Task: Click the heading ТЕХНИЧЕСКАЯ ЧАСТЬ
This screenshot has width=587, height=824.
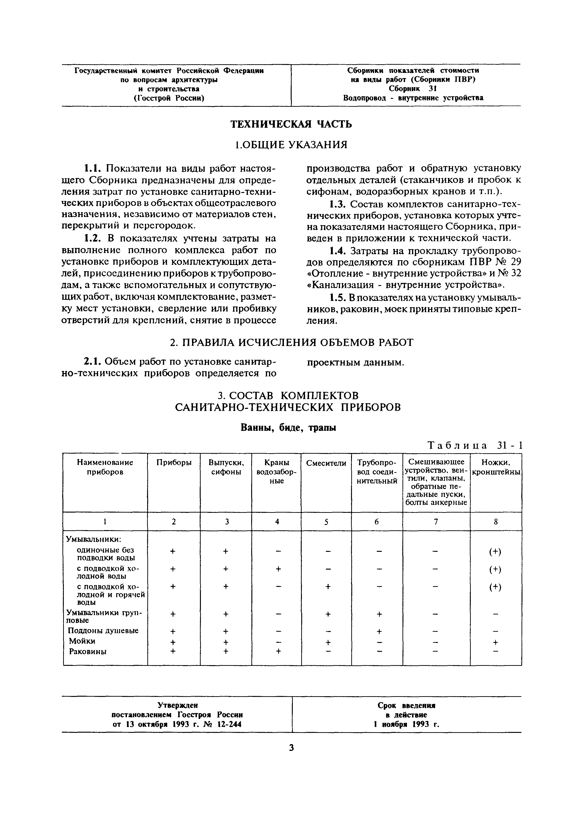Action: [x=291, y=124]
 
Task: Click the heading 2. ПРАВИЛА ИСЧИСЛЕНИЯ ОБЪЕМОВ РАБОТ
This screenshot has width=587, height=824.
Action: [x=291, y=342]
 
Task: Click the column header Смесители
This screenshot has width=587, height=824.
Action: [x=326, y=463]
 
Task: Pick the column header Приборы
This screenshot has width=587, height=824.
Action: [x=174, y=463]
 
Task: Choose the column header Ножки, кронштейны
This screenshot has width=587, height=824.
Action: [x=496, y=467]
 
